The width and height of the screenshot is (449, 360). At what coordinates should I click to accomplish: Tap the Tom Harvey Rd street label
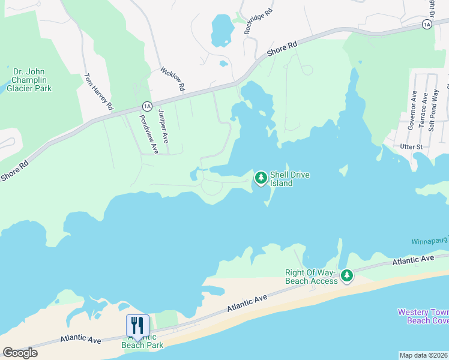pos(98,92)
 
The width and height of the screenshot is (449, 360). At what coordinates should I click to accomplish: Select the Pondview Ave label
pos(148,134)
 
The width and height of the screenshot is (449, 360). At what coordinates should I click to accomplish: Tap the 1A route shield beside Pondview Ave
pos(146,106)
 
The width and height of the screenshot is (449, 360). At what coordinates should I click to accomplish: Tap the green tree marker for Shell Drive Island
pos(261,178)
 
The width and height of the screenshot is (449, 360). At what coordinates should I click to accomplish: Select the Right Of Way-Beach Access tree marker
pos(346,275)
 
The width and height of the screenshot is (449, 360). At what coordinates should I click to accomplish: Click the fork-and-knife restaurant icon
pos(137,326)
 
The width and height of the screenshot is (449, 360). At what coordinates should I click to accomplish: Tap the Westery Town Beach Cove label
pos(423,316)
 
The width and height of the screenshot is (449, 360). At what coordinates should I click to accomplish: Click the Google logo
pos(20,353)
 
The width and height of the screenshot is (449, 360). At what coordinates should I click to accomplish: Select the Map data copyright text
pos(423,355)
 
